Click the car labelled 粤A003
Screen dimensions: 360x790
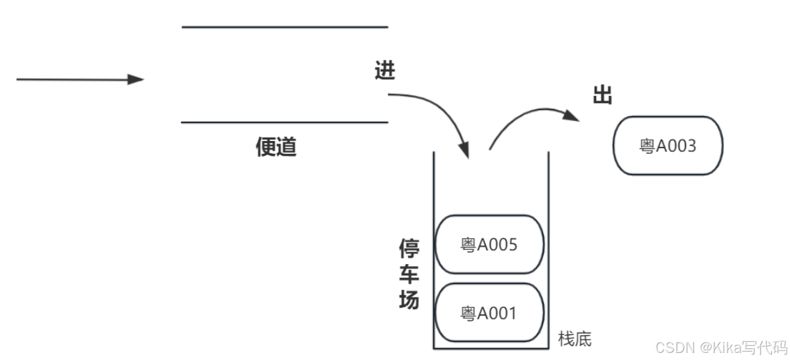coord(668,146)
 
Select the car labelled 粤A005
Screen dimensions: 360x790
coord(489,245)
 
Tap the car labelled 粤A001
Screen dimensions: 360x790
coord(489,313)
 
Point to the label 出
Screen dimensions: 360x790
coord(602,95)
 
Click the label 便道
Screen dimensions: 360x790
coord(276,147)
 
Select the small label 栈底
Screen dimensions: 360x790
coord(575,339)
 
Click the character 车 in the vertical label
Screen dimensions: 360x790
coord(409,275)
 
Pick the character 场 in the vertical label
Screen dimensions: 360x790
coord(409,300)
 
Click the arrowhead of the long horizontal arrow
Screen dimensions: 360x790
coord(136,80)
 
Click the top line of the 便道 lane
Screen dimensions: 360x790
coord(285,27)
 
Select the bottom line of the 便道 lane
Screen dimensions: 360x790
coord(285,122)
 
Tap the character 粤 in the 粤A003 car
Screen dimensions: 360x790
coord(647,146)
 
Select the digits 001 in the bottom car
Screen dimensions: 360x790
coord(505,314)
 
